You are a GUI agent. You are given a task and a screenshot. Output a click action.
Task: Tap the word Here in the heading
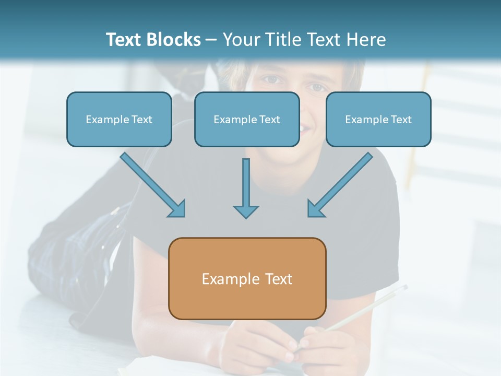coord(365,40)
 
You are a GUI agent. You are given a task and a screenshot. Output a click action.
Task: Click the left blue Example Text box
coord(119,119)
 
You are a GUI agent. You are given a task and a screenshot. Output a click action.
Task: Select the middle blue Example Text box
coord(247,119)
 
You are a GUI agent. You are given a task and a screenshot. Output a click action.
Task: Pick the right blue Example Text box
coord(378,119)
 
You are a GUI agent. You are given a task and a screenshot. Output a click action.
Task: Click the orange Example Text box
coord(247,278)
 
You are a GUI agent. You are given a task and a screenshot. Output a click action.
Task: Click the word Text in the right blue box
coord(401,119)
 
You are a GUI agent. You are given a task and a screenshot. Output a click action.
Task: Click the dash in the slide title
coord(211,40)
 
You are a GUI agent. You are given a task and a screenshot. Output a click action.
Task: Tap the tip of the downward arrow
coord(246,217)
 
